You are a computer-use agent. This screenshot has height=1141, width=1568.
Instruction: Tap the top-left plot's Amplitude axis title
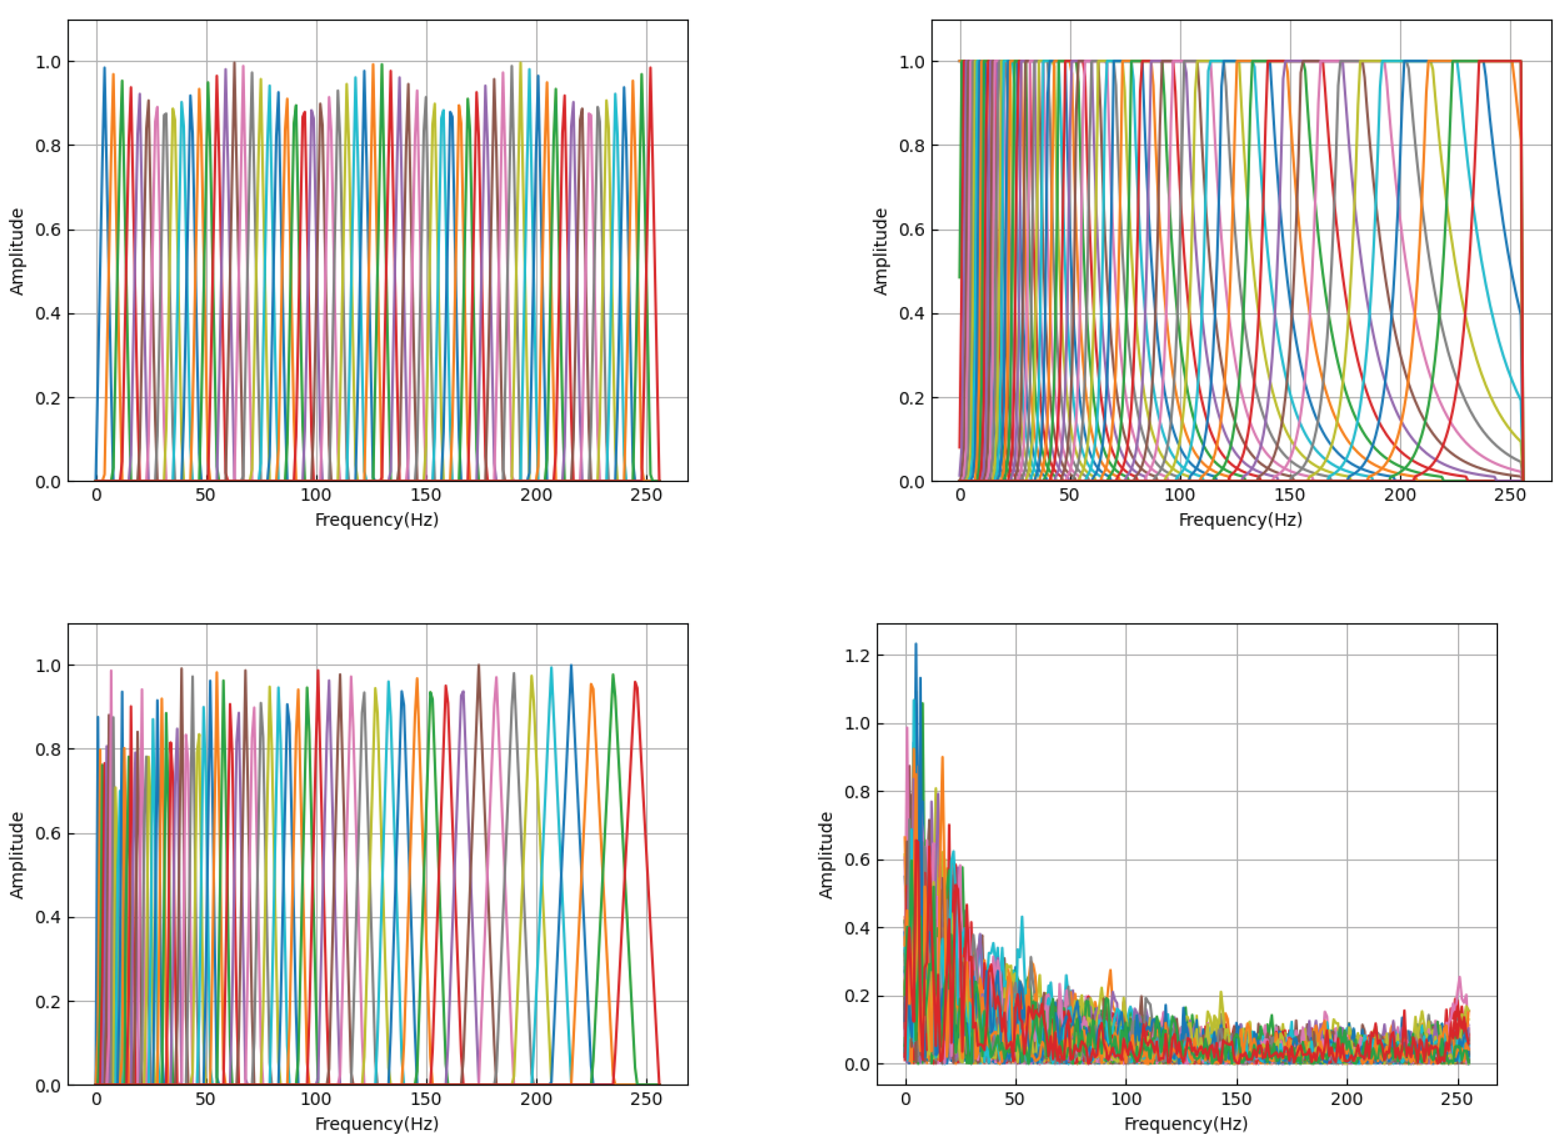pyautogui.click(x=17, y=252)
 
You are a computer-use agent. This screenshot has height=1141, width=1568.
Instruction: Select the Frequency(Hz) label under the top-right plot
pyautogui.click(x=1240, y=520)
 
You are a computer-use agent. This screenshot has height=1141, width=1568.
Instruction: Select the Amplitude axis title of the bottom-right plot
pyautogui.click(x=826, y=855)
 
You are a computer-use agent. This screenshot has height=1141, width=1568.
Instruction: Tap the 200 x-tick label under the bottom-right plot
pyautogui.click(x=1347, y=1099)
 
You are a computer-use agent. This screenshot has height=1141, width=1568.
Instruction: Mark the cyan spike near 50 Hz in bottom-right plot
pyautogui.click(x=1021, y=918)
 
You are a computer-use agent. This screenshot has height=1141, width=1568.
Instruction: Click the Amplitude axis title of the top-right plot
pyautogui.click(x=880, y=252)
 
